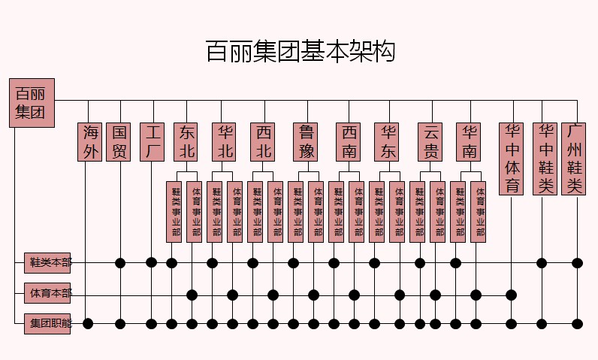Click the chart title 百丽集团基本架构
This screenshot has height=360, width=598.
click(300, 52)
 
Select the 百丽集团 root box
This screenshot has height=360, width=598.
click(32, 103)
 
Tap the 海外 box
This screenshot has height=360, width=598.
click(91, 142)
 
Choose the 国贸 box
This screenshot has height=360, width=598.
click(119, 142)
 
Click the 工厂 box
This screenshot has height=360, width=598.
click(152, 142)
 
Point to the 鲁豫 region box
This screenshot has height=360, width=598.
click(307, 142)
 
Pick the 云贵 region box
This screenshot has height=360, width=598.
click(431, 142)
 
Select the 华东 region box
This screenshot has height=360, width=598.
click(388, 142)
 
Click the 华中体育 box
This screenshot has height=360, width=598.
click(513, 159)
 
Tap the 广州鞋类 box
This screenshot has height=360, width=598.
click(575, 159)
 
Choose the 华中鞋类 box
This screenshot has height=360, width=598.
click(545, 159)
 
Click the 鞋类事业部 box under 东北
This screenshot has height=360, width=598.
click(174, 212)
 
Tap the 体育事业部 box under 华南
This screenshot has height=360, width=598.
click(479, 212)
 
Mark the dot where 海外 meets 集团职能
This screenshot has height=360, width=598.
click(88, 323)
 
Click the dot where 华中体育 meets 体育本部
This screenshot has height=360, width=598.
click(513, 294)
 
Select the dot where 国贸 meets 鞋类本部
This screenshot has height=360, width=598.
click(119, 262)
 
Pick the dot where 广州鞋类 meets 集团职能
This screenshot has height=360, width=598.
click(577, 323)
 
